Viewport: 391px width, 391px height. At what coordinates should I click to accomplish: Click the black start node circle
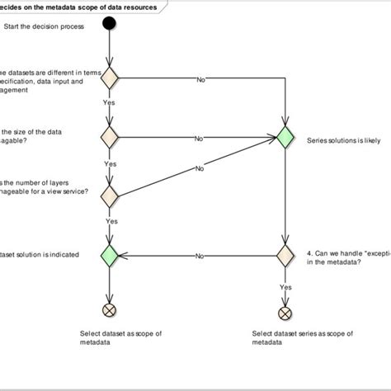[108, 23]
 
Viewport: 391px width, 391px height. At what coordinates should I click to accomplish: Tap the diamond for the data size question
[109, 138]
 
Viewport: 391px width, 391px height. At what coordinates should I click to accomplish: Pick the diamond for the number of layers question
[109, 196]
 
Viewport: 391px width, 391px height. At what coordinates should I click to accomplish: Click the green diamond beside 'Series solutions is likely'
[285, 138]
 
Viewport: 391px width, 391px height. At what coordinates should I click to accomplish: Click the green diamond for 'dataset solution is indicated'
[109, 255]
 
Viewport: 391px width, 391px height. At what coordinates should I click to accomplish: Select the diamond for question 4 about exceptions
[285, 255]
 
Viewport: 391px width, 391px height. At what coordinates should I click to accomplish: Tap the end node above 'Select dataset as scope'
[109, 311]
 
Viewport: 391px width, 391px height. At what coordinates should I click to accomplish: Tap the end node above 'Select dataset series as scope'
[285, 313]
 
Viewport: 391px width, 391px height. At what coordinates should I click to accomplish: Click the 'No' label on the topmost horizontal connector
[200, 79]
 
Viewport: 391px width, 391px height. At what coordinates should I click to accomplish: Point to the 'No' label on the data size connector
[199, 139]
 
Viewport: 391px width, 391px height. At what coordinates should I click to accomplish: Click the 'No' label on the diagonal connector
[199, 168]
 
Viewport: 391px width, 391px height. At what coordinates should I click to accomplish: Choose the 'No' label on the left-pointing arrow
[200, 256]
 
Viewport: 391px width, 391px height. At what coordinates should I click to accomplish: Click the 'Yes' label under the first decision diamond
[109, 103]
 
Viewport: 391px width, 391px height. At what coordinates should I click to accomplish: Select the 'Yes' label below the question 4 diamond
[286, 287]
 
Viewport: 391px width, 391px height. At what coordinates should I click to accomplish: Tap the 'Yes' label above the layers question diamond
[110, 163]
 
